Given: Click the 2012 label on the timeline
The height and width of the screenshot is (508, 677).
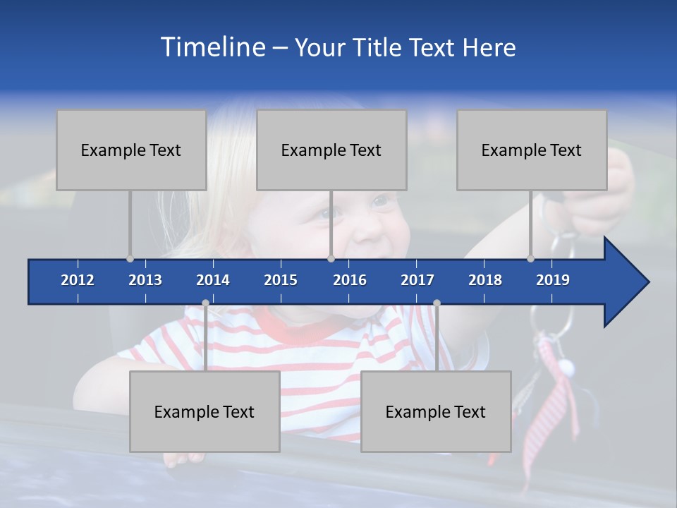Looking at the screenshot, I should [78, 280].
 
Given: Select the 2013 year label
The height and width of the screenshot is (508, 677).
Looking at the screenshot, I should [145, 280].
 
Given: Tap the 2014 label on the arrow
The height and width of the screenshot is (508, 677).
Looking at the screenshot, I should [213, 280].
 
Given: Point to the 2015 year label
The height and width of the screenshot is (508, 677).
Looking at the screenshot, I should [281, 280].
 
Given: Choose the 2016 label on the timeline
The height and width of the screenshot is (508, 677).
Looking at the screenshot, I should [350, 280].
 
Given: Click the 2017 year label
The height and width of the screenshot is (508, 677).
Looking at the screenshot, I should [417, 280].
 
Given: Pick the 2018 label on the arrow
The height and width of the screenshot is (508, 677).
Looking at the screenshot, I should [485, 280].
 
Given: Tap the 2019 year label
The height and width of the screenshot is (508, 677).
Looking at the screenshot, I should [553, 280].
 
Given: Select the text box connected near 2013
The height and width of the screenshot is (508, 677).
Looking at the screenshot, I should [131, 150].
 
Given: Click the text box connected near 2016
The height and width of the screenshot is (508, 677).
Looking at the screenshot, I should [331, 150].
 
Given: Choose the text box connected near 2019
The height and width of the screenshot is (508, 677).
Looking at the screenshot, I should [532, 150].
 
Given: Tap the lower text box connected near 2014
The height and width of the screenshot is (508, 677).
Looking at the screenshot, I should [205, 411].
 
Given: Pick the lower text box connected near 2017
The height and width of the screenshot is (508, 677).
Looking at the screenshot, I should [436, 411].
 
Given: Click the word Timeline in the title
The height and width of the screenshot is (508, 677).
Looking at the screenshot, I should [212, 47].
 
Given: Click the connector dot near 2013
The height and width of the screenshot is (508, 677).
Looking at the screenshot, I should [130, 258].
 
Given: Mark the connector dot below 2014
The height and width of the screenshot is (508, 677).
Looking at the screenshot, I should [205, 303].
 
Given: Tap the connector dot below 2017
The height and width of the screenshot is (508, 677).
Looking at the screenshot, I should [437, 303].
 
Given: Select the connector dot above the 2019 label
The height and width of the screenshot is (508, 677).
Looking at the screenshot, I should [531, 258].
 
